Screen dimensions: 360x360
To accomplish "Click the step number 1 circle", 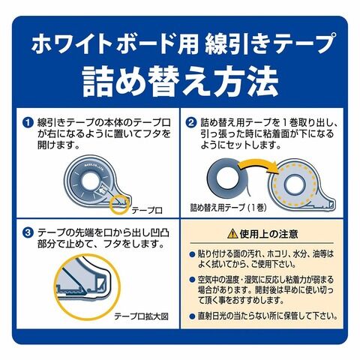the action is click(x=28, y=123).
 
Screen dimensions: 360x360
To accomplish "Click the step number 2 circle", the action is click(x=191, y=123).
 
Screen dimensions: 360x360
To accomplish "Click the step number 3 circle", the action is click(x=28, y=233).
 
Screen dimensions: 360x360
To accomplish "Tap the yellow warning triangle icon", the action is click(x=232, y=234).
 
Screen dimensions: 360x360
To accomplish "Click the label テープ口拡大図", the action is click(x=142, y=316).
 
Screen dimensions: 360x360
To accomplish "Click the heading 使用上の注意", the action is click(x=268, y=234).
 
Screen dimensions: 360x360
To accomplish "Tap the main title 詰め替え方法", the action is click(x=180, y=82).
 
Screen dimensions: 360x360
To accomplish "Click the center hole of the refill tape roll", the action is click(x=227, y=178).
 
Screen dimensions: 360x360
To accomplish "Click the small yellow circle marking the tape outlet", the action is click(x=120, y=205).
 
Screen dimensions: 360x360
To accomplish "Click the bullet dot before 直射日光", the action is click(x=192, y=316).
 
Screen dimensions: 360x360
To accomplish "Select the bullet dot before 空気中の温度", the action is click(x=192, y=279).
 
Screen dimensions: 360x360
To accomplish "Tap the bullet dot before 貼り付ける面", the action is click(x=192, y=254).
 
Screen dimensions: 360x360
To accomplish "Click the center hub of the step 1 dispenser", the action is click(x=91, y=181).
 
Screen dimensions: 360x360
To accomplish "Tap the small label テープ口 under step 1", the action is click(x=147, y=211).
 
